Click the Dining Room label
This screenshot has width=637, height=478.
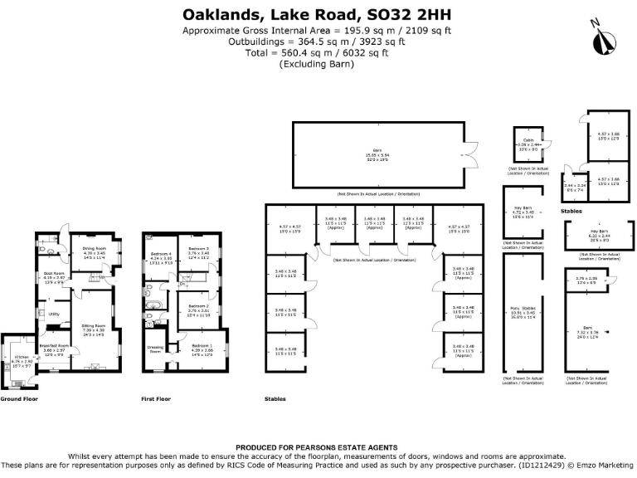[94, 248]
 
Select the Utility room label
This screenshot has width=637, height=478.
[54, 314]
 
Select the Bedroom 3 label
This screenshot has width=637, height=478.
[197, 248]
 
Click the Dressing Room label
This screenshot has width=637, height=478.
[155, 349]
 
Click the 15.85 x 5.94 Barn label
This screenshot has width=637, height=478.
[377, 153]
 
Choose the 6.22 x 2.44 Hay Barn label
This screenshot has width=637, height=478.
[599, 233]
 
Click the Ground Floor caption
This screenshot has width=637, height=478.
[20, 399]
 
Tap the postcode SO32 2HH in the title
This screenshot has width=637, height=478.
[414, 15]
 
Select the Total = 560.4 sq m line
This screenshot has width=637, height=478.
[318, 52]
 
